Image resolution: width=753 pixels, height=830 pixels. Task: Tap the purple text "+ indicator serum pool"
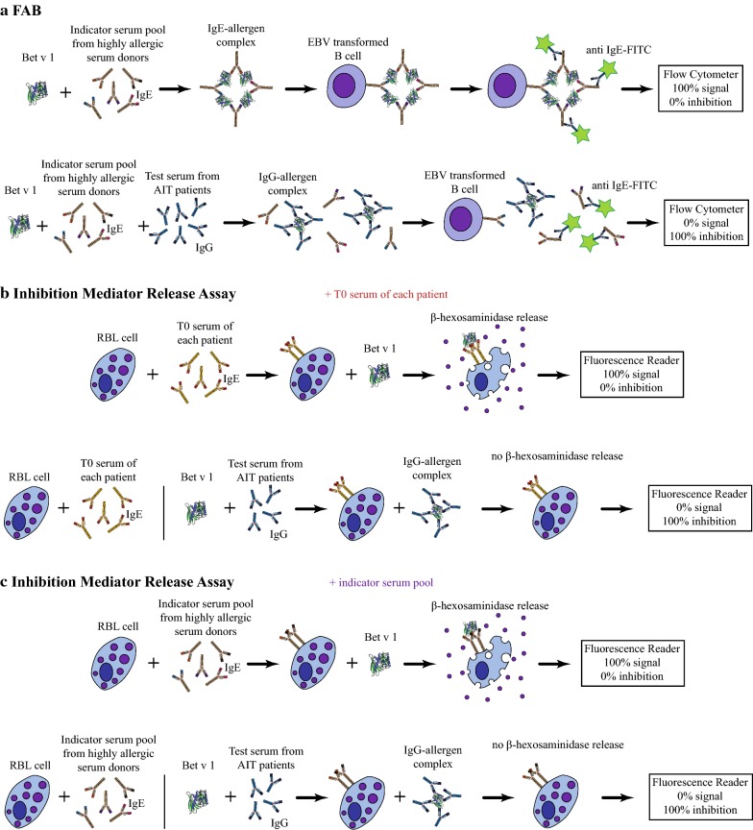pyautogui.click(x=378, y=580)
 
